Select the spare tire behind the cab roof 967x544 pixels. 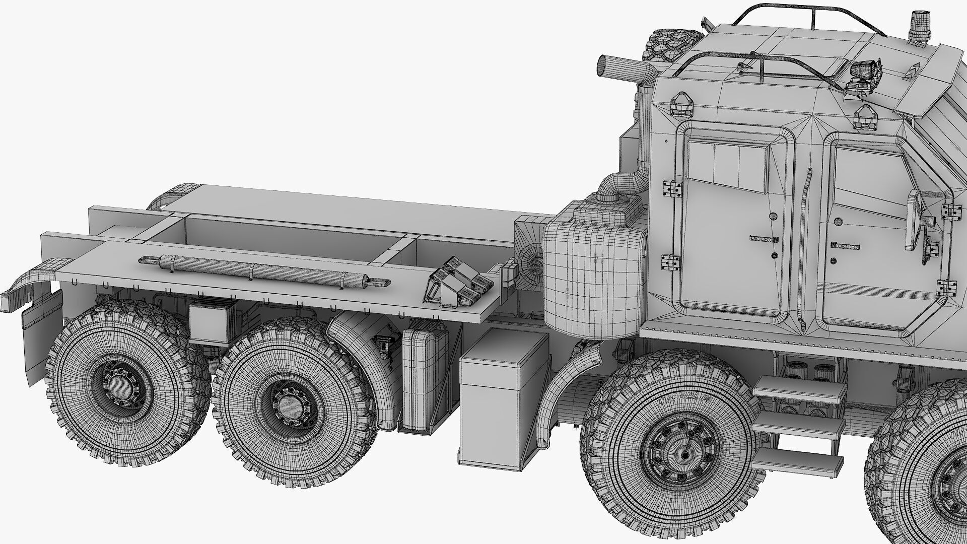pos(672,45)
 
